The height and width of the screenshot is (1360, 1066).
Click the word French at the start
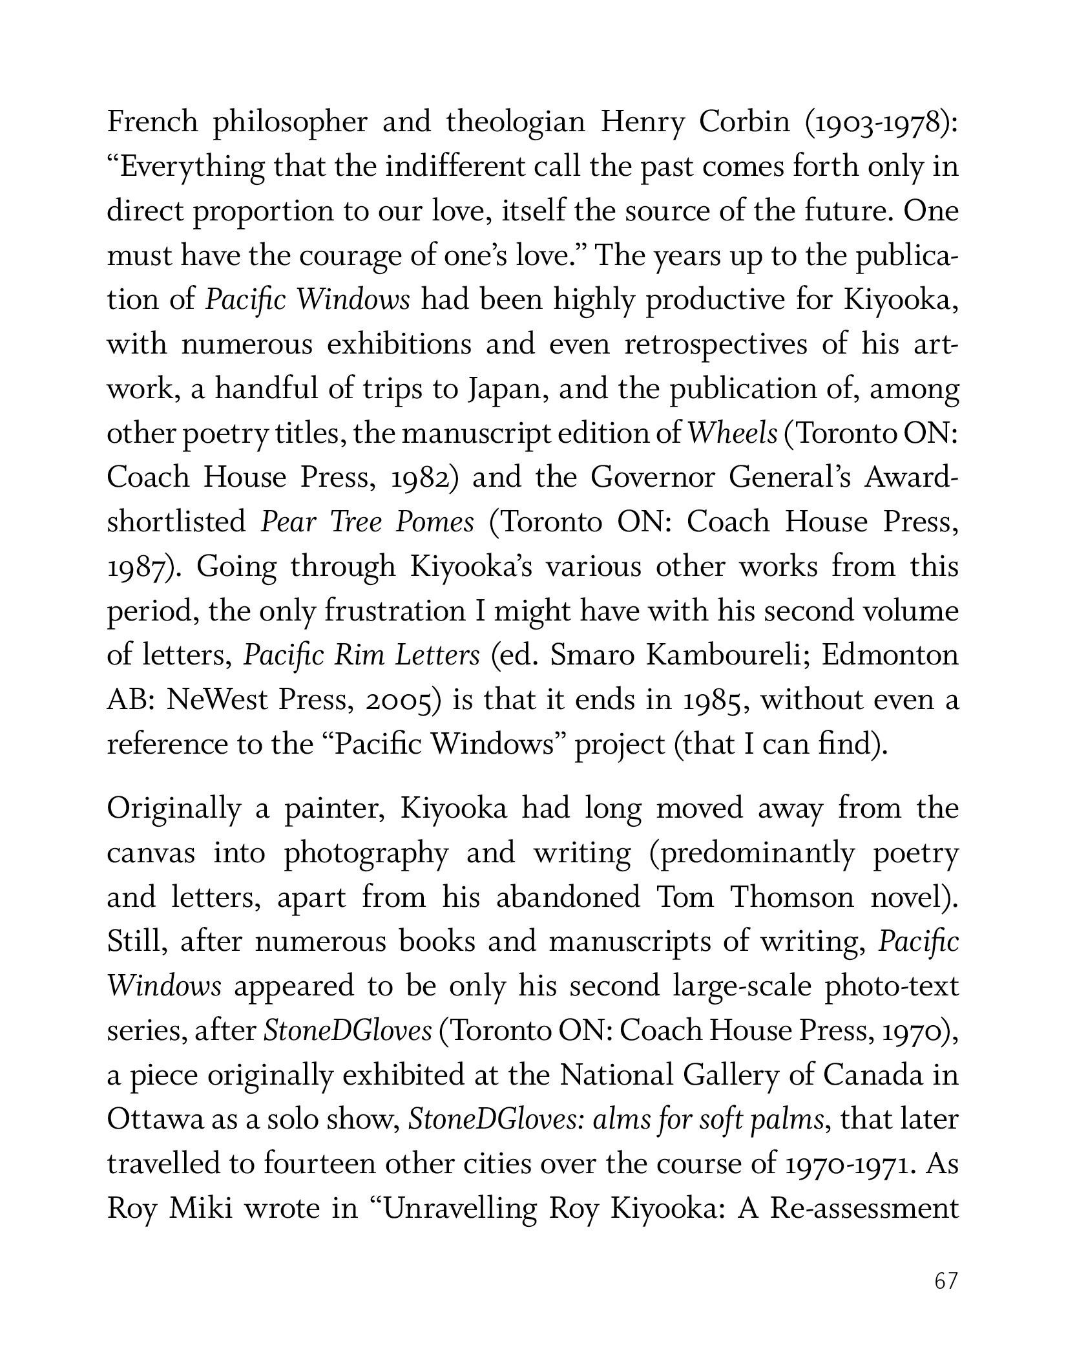tap(152, 122)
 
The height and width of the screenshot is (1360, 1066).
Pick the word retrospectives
tap(716, 345)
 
